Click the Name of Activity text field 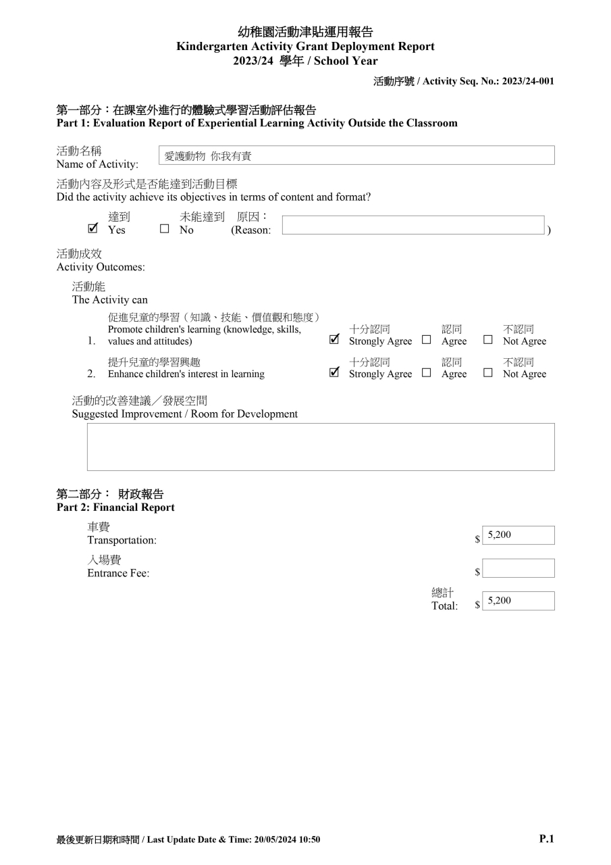tap(356, 155)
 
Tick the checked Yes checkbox tap(93, 229)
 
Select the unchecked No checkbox tap(164, 229)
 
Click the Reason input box tap(413, 225)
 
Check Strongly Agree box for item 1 tap(334, 340)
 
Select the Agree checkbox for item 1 tap(426, 340)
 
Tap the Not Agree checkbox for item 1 tap(488, 340)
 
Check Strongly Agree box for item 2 tap(334, 373)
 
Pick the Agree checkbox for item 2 tap(426, 373)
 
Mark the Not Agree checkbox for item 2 tap(488, 373)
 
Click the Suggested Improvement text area tap(321, 447)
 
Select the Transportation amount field tap(518, 535)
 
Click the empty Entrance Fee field tap(518, 568)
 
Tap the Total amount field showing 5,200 tap(518, 601)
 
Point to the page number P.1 tap(546, 839)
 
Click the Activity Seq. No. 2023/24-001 tap(528, 81)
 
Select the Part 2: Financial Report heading tap(115, 507)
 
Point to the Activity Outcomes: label tap(101, 267)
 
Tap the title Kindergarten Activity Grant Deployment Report tap(305, 47)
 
